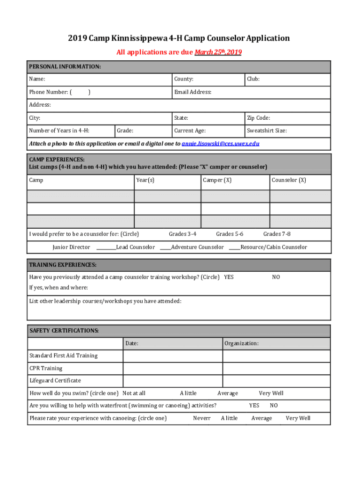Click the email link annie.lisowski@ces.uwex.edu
(220, 144)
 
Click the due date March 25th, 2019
(218, 52)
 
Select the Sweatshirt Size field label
(266, 131)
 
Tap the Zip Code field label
(258, 118)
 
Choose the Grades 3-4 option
(182, 234)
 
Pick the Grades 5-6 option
(230, 234)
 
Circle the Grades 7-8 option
(277, 234)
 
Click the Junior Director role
(71, 247)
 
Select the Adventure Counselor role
(197, 247)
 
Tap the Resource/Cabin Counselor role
(274, 247)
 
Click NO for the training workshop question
(276, 277)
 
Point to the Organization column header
(241, 343)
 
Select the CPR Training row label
(46, 368)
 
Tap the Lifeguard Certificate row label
(55, 381)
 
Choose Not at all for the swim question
(134, 393)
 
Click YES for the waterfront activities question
(254, 406)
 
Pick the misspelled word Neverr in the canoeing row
(202, 418)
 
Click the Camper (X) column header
(217, 180)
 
